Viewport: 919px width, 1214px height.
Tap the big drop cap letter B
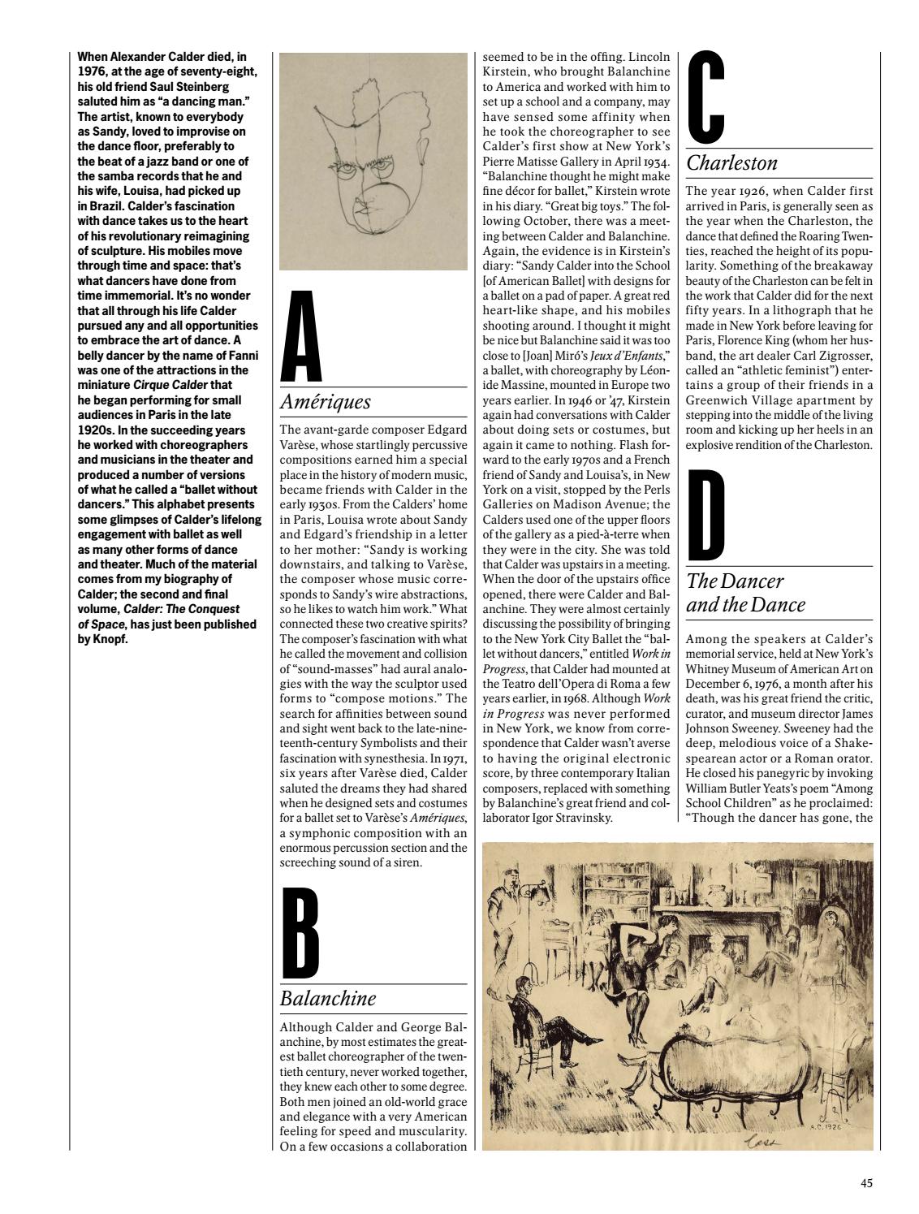[300, 933]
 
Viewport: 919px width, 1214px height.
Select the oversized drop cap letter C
[706, 96]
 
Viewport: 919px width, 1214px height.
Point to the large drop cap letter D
[706, 514]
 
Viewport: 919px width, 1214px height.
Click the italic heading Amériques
[325, 402]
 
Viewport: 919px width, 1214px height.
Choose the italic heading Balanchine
[328, 998]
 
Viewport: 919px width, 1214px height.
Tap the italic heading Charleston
[732, 162]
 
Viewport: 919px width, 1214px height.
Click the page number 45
[867, 1183]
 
